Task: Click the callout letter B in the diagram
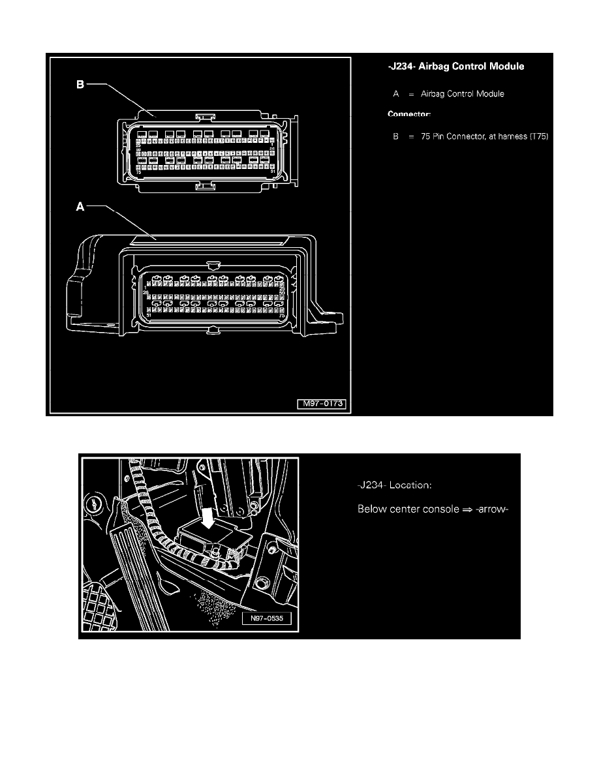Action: pyautogui.click(x=80, y=84)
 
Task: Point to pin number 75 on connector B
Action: pyautogui.click(x=138, y=171)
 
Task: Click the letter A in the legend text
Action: pyautogui.click(x=396, y=94)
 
